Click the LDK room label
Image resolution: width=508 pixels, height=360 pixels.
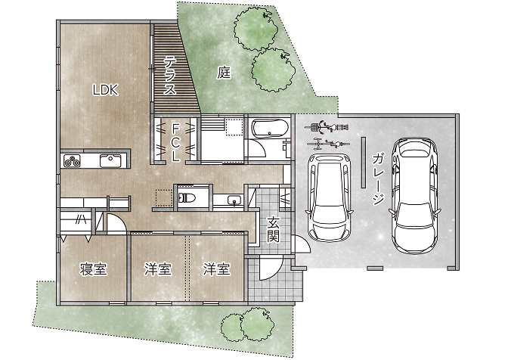click(105, 90)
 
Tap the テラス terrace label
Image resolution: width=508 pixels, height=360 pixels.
click(169, 75)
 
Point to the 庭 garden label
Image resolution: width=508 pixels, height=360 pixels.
click(224, 73)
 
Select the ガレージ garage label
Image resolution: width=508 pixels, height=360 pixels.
click(379, 179)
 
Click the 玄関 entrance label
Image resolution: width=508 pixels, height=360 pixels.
click(274, 230)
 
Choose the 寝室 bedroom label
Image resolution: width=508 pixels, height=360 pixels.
click(93, 269)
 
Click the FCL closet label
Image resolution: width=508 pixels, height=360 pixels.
click(175, 143)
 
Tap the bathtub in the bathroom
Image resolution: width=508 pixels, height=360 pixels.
click(270, 129)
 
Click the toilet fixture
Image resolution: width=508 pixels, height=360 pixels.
click(186, 197)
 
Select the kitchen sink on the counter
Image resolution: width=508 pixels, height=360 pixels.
click(110, 161)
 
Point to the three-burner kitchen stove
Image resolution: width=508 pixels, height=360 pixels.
click(72, 161)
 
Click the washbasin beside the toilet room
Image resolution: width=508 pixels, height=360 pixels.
click(233, 200)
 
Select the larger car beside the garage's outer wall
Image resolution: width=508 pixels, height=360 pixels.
click(414, 196)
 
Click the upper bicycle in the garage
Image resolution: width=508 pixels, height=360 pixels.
click(327, 127)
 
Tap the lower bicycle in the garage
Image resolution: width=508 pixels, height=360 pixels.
click(327, 144)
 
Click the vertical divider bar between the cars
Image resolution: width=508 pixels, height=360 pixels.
click(364, 162)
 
